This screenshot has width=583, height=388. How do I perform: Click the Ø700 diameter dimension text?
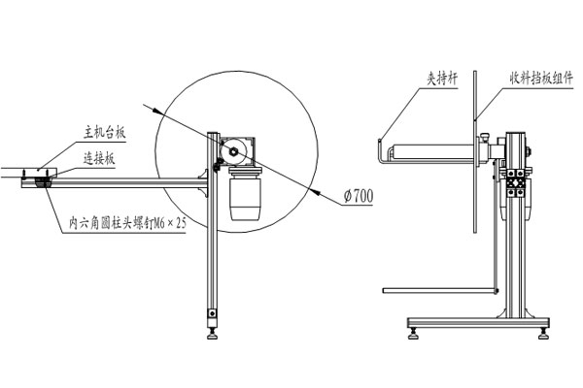click(359, 195)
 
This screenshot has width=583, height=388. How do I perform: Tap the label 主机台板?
click(105, 133)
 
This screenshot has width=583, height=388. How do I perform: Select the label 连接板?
click(98, 159)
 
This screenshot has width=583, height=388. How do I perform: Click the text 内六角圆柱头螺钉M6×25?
click(127, 223)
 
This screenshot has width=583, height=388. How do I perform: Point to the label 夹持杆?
click(442, 79)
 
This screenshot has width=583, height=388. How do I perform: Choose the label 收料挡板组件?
click(541, 79)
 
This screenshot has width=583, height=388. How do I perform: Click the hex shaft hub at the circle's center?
click(234, 150)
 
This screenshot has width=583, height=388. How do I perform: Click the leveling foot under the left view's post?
click(213, 333)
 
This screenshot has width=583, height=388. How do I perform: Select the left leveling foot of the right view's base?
click(414, 333)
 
